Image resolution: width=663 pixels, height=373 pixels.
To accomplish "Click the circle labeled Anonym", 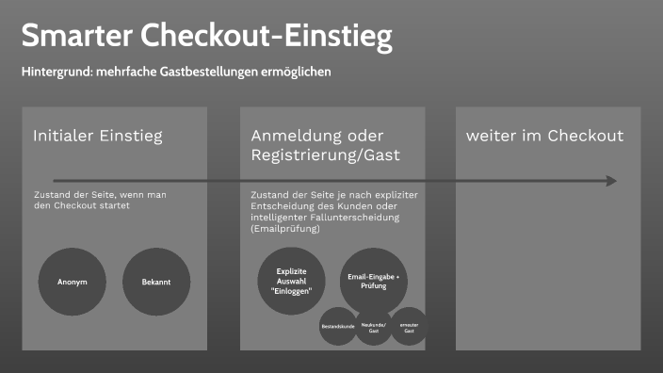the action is click(x=73, y=282).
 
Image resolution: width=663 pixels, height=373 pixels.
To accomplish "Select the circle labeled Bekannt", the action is click(x=156, y=282).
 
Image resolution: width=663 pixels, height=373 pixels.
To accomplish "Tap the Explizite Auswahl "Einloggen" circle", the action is click(x=292, y=282).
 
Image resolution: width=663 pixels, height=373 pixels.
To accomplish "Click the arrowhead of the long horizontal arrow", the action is click(x=611, y=181).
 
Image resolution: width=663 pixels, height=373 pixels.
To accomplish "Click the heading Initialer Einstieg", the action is click(x=98, y=136).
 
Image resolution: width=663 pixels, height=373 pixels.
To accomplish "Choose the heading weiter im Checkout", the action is click(x=544, y=136).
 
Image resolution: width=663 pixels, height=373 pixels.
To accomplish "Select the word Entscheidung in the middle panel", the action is click(x=283, y=205).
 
